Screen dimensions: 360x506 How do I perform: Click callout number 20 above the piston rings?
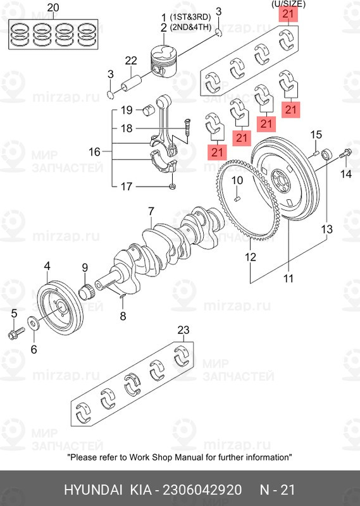click(x=53, y=8)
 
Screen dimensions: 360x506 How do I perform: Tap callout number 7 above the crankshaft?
click(x=151, y=212)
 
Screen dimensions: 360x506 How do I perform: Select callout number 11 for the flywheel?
click(x=288, y=278)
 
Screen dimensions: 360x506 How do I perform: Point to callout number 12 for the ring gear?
click(x=251, y=257)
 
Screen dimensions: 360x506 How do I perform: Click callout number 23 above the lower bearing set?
click(x=183, y=330)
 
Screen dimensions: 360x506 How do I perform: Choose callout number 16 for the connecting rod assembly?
click(x=95, y=152)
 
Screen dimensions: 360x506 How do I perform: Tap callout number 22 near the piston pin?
click(x=131, y=61)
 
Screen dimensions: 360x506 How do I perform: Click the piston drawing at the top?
click(x=164, y=61)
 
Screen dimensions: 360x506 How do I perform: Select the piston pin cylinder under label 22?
click(x=131, y=83)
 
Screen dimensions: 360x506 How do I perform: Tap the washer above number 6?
click(x=34, y=323)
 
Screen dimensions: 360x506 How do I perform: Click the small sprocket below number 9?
click(x=87, y=291)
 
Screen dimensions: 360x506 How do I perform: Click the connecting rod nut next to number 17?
click(x=173, y=186)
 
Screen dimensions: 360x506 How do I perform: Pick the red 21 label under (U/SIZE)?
click(x=288, y=14)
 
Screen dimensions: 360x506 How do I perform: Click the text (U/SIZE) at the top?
click(x=288, y=4)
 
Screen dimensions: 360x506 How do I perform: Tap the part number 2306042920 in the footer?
click(x=202, y=490)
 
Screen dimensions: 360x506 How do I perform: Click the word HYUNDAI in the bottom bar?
click(x=93, y=490)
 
